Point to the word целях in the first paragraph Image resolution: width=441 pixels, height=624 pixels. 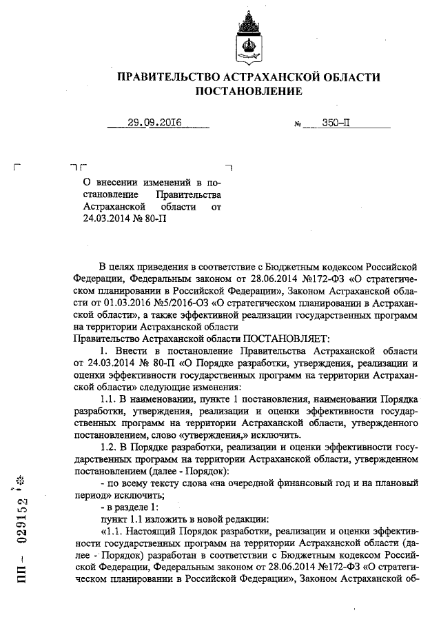click(125, 266)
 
